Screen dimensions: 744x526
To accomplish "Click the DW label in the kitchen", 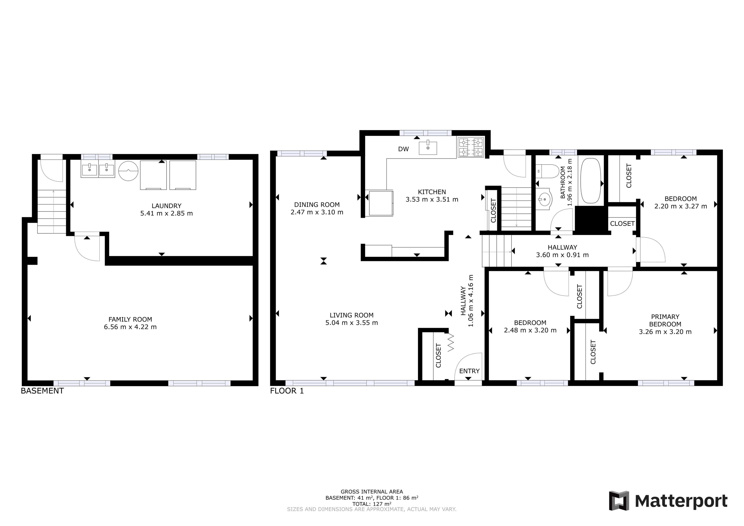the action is (403, 149).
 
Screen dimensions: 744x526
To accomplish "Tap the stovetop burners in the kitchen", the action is (470, 147).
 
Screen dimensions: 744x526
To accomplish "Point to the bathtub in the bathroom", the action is (591, 181).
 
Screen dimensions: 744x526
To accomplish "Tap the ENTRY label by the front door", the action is (469, 371).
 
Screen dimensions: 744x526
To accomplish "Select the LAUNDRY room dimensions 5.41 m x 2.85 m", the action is (167, 213).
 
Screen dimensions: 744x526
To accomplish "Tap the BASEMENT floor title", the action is (42, 391).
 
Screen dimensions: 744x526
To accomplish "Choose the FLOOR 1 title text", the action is (287, 391).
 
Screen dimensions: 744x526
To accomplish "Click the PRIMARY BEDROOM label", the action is (665, 320).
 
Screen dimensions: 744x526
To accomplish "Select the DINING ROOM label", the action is (317, 205).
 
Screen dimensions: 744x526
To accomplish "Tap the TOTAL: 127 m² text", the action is (372, 504).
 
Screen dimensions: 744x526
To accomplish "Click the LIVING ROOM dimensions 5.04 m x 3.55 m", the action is (352, 323).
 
